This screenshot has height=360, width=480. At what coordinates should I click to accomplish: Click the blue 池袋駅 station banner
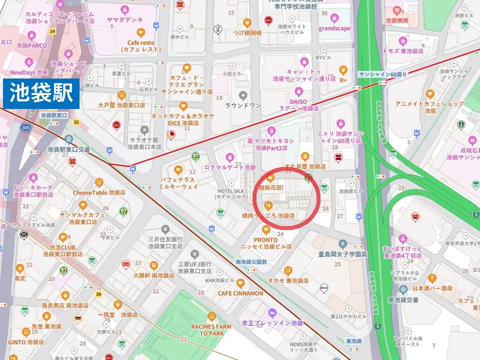click(41, 93)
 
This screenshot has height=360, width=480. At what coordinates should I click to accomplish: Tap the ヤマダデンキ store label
click(125, 19)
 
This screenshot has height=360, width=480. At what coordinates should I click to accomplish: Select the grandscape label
click(334, 28)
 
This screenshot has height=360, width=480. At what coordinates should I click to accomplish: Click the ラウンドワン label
click(243, 105)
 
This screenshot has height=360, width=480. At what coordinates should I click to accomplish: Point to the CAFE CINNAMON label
click(240, 293)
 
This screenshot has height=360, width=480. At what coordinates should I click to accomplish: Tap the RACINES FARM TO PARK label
click(211, 330)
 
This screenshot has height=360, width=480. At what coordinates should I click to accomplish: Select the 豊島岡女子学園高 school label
click(343, 254)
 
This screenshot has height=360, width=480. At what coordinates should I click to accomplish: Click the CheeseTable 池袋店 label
click(99, 192)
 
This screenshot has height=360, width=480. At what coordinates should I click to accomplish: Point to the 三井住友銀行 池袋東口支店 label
click(165, 243)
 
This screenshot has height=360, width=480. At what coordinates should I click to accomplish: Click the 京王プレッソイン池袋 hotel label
click(272, 323)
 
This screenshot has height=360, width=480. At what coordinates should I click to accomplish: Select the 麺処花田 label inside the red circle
click(270, 188)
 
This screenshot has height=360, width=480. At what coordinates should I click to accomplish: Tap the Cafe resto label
click(140, 46)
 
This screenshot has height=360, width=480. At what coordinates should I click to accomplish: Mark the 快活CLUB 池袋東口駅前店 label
click(62, 250)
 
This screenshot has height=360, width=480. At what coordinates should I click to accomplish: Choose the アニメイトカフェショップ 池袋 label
click(429, 107)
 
